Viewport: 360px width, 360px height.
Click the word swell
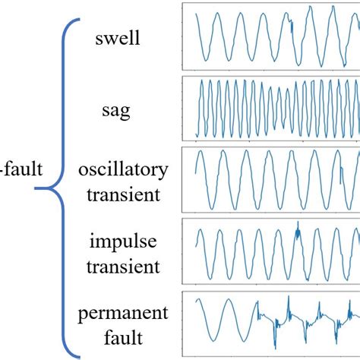click(118, 37)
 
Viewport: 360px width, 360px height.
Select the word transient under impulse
click(122, 267)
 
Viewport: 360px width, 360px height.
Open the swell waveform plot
click(271, 36)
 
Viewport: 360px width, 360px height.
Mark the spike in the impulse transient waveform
click(298, 226)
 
